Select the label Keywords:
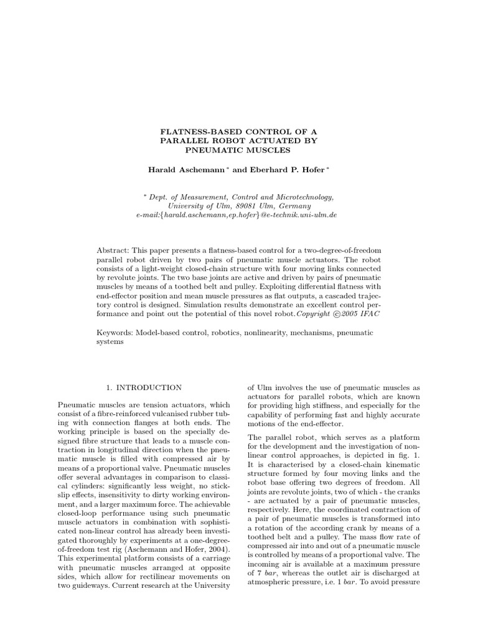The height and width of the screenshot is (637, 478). point(116,332)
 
